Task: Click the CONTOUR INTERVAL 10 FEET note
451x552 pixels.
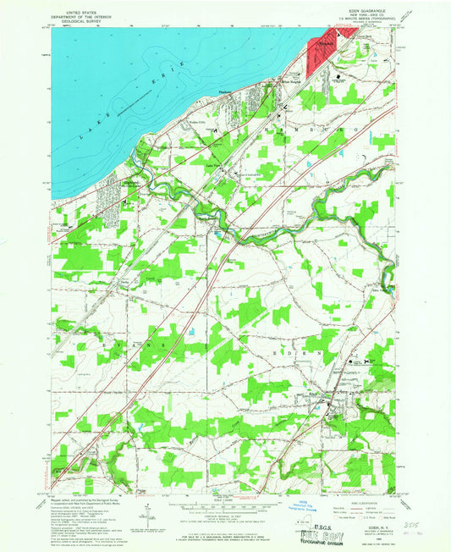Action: (x=224, y=517)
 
